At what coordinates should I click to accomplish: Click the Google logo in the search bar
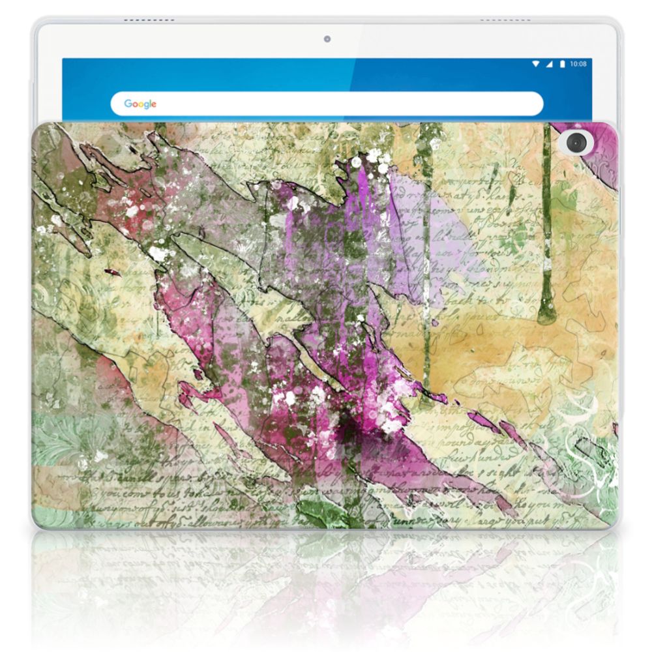pyautogui.click(x=140, y=104)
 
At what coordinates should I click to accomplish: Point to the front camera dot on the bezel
pyautogui.click(x=327, y=39)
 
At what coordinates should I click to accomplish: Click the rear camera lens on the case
pyautogui.click(x=576, y=141)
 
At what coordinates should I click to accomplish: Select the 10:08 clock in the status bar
pyautogui.click(x=578, y=64)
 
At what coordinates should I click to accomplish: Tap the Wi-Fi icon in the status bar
pyautogui.click(x=535, y=64)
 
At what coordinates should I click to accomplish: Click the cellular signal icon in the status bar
pyautogui.click(x=548, y=64)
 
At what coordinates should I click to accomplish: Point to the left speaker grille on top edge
pyautogui.click(x=147, y=20)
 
